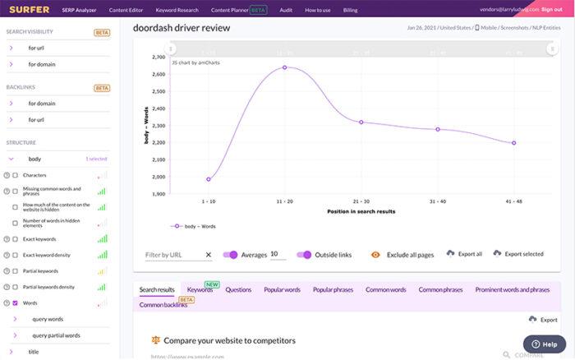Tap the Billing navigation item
[x=350, y=9]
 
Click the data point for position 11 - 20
[x=284, y=67]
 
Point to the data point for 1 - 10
[x=209, y=179]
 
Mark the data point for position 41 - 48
[x=513, y=143]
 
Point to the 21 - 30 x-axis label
[x=361, y=201]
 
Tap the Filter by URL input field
[x=172, y=255]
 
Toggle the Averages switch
[x=230, y=255]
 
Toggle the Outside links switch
[x=305, y=255]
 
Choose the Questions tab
[x=238, y=289]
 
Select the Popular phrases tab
[x=333, y=289]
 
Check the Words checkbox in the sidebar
[x=16, y=303]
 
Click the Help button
[x=544, y=344]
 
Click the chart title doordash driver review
[x=182, y=28]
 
